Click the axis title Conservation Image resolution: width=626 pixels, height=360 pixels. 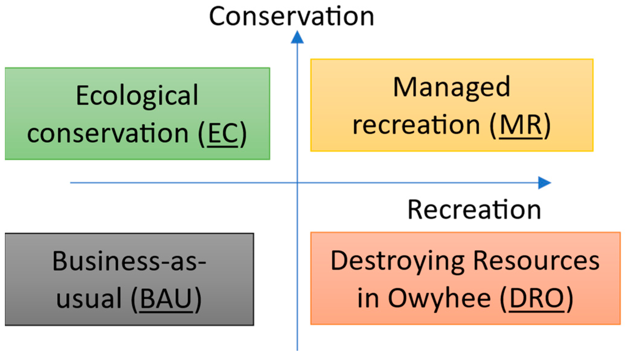(x=291, y=16)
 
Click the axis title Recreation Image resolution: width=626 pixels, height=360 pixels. (x=474, y=210)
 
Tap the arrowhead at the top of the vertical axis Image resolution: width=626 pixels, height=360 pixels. (x=297, y=37)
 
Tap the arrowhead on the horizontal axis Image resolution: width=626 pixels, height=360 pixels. (x=544, y=183)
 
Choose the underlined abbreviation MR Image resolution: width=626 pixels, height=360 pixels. (x=521, y=125)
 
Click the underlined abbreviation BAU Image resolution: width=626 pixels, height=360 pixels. (x=166, y=298)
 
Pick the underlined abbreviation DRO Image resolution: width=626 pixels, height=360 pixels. (x=537, y=298)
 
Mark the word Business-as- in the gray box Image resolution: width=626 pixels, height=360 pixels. (x=129, y=261)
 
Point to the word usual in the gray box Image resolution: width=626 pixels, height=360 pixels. (x=89, y=298)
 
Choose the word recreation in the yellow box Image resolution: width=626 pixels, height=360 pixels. (x=416, y=125)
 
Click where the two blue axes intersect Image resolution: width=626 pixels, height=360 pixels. (x=297, y=183)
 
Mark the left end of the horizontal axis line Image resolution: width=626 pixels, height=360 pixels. (x=71, y=183)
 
